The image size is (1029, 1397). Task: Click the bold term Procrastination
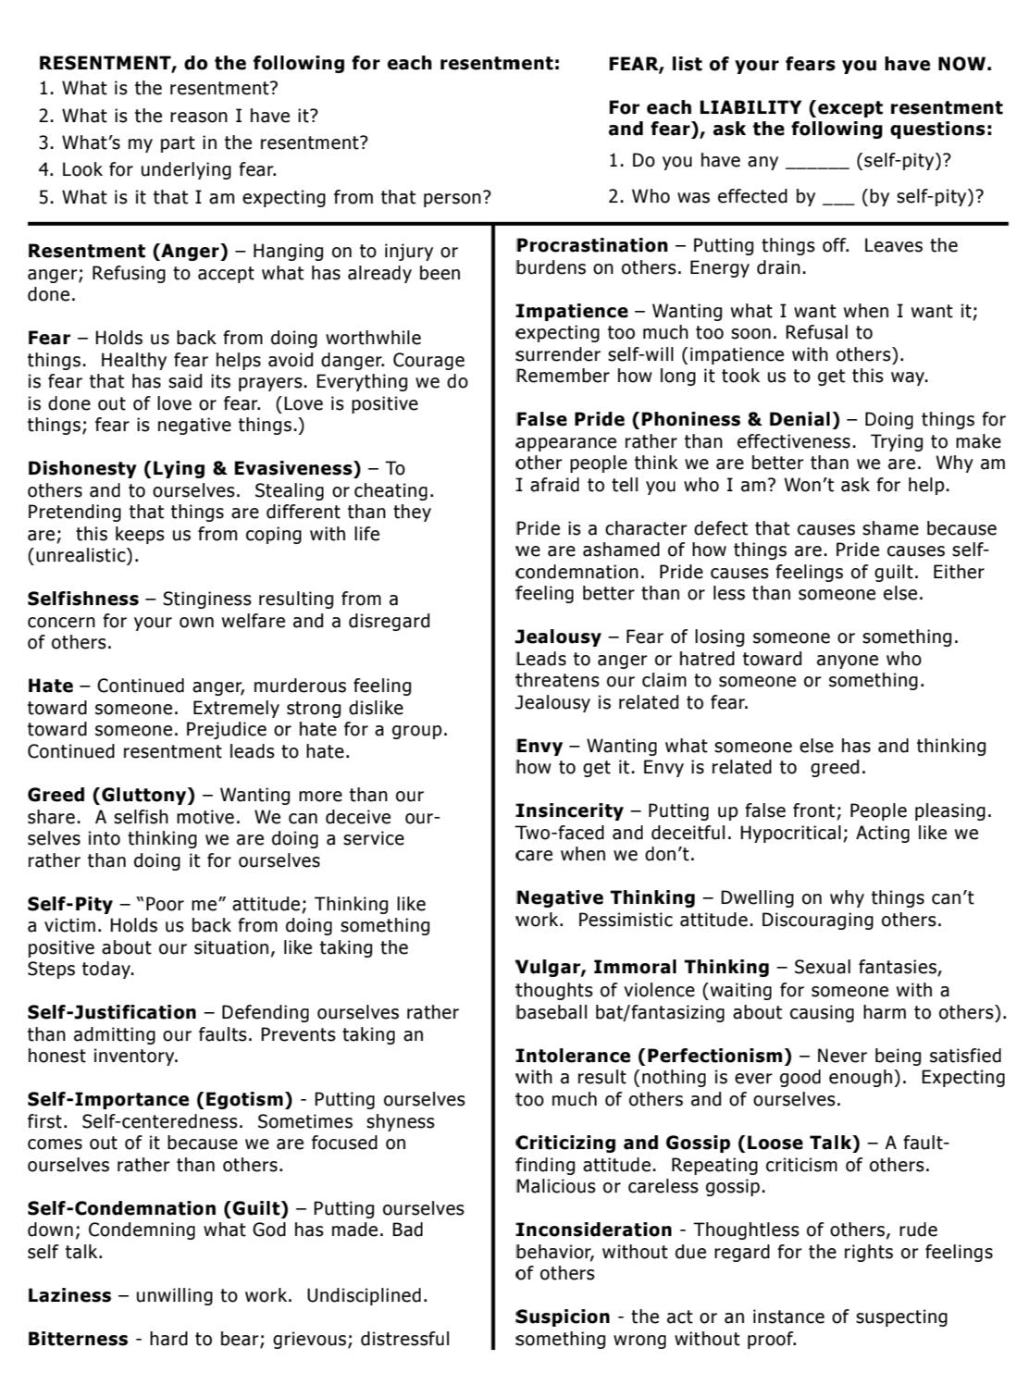pos(591,246)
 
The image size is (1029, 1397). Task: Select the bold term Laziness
pos(69,1295)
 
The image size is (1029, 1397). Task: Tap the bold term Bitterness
pos(78,1339)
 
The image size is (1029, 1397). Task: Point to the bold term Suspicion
pos(563,1317)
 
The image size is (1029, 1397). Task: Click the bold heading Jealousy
pos(558,637)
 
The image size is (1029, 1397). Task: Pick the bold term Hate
pos(50,686)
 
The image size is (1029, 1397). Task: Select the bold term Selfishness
pos(83,599)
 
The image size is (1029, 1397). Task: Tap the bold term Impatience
pos(571,311)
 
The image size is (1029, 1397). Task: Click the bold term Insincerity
pos(568,810)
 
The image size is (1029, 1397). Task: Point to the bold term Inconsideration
pos(593,1230)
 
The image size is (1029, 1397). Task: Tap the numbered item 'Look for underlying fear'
pos(168,170)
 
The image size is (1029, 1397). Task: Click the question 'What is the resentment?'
pos(169,89)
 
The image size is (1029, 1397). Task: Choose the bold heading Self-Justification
pos(112,1012)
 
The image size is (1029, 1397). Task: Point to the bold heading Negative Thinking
pos(605,897)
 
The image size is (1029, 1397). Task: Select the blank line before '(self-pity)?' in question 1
pos(816,162)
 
